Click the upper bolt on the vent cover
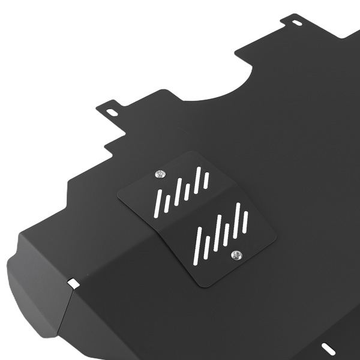[x=159, y=174]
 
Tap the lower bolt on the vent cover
[x=236, y=256]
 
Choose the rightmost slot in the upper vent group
[x=206, y=178]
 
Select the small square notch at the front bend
[x=73, y=283]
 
